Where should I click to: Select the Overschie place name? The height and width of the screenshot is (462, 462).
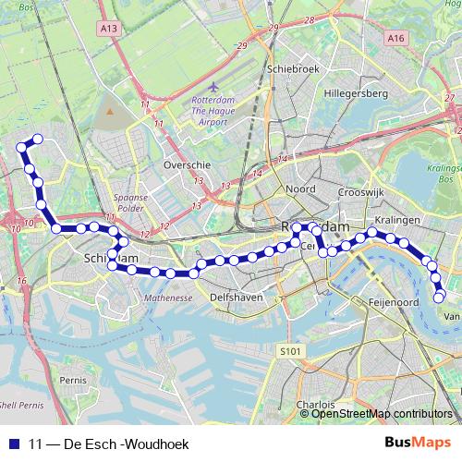(x=187, y=164)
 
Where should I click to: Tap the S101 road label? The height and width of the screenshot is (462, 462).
(x=290, y=351)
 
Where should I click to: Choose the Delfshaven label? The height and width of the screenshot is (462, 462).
(x=237, y=298)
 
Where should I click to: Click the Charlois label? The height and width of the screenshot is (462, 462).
(x=316, y=405)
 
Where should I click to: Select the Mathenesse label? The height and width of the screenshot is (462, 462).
(x=167, y=298)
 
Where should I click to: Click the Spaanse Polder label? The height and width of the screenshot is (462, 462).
(x=130, y=202)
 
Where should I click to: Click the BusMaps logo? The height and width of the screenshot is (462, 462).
(x=419, y=444)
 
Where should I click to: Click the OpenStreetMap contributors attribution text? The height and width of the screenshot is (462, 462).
(x=382, y=414)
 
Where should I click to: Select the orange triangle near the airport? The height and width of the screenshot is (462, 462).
(x=110, y=111)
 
